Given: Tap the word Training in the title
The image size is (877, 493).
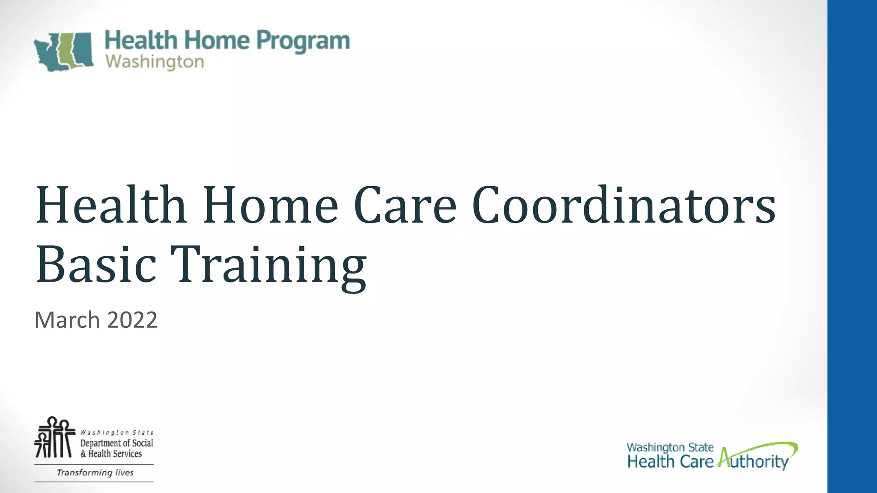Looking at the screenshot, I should point(268,265).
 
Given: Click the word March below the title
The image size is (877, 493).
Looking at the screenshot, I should point(67,320).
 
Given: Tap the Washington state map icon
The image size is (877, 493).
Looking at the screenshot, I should point(64,51).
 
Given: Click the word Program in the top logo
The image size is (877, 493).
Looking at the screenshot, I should point(303,42).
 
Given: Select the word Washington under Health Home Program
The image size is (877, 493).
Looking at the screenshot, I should point(155,62).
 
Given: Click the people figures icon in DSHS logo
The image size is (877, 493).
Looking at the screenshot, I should point(54,437).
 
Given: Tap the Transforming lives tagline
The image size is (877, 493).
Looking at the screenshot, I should point(95,472).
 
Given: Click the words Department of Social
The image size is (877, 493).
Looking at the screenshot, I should point(116,443).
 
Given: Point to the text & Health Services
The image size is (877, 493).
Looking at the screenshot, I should point(111,454).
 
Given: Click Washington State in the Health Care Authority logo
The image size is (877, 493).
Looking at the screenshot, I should point(670,448).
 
